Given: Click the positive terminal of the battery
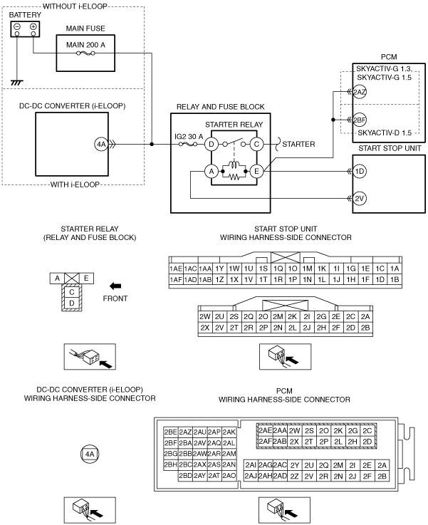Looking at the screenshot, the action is pyautogui.click(x=33, y=26).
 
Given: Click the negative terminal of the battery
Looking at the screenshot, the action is pyautogui.click(x=16, y=26).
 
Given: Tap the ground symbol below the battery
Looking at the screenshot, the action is pyautogui.click(x=16, y=83).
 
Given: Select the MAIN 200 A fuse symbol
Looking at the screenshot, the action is pyautogui.click(x=85, y=53).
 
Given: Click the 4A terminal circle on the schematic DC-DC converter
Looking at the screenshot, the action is pyautogui.click(x=101, y=145).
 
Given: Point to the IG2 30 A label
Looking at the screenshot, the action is pyautogui.click(x=189, y=137).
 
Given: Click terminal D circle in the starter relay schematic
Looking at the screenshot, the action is pyautogui.click(x=212, y=145).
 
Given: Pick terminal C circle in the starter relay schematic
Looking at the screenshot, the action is pyautogui.click(x=256, y=145).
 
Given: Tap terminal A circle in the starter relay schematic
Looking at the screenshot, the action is pyautogui.click(x=212, y=172).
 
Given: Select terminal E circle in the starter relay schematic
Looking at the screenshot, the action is pyautogui.click(x=256, y=172).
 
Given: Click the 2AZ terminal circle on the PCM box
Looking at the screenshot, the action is pyautogui.click(x=360, y=92).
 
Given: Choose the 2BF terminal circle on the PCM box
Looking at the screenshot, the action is pyautogui.click(x=360, y=120).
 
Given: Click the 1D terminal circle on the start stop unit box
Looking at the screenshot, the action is pyautogui.click(x=360, y=172).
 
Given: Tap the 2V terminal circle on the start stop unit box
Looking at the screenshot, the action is pyautogui.click(x=360, y=199).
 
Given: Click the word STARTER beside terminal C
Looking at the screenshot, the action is pyautogui.click(x=298, y=145).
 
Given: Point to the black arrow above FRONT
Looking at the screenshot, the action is pyautogui.click(x=115, y=286).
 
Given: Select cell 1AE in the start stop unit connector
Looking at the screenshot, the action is pyautogui.click(x=176, y=269).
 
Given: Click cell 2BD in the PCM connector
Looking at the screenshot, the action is pyautogui.click(x=185, y=475).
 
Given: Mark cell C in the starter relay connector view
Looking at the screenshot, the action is pyautogui.click(x=72, y=292).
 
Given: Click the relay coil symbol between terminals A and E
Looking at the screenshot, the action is pyautogui.click(x=234, y=165).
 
